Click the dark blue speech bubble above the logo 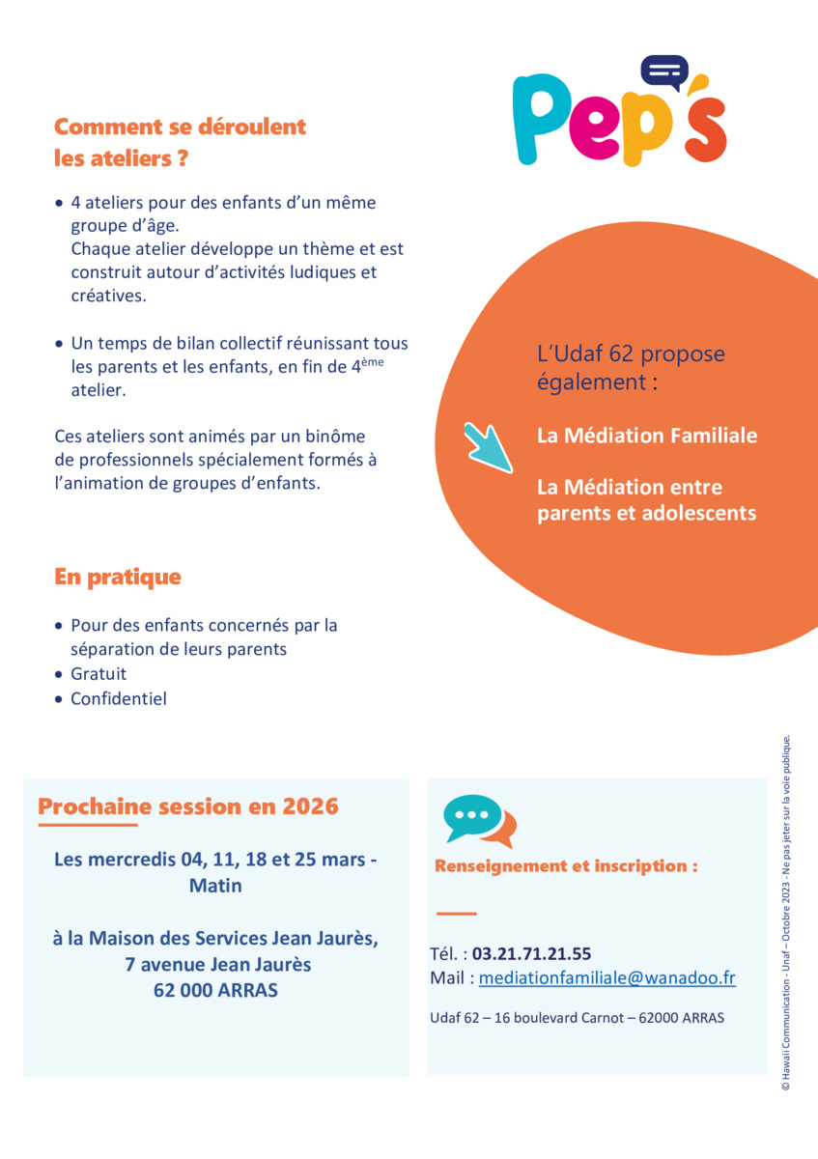[x=664, y=71]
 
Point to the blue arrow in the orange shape [x=488, y=447]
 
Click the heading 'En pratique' [x=118, y=578]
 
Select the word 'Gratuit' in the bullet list [x=99, y=673]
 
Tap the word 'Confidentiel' [x=119, y=698]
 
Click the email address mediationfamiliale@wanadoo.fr [x=607, y=978]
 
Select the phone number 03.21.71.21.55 [x=531, y=954]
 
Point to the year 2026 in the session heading [x=311, y=806]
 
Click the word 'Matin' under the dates [x=215, y=886]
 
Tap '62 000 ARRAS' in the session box [x=215, y=990]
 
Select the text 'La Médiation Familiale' [x=647, y=436]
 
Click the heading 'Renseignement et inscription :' [x=566, y=866]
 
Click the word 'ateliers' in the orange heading [x=125, y=158]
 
